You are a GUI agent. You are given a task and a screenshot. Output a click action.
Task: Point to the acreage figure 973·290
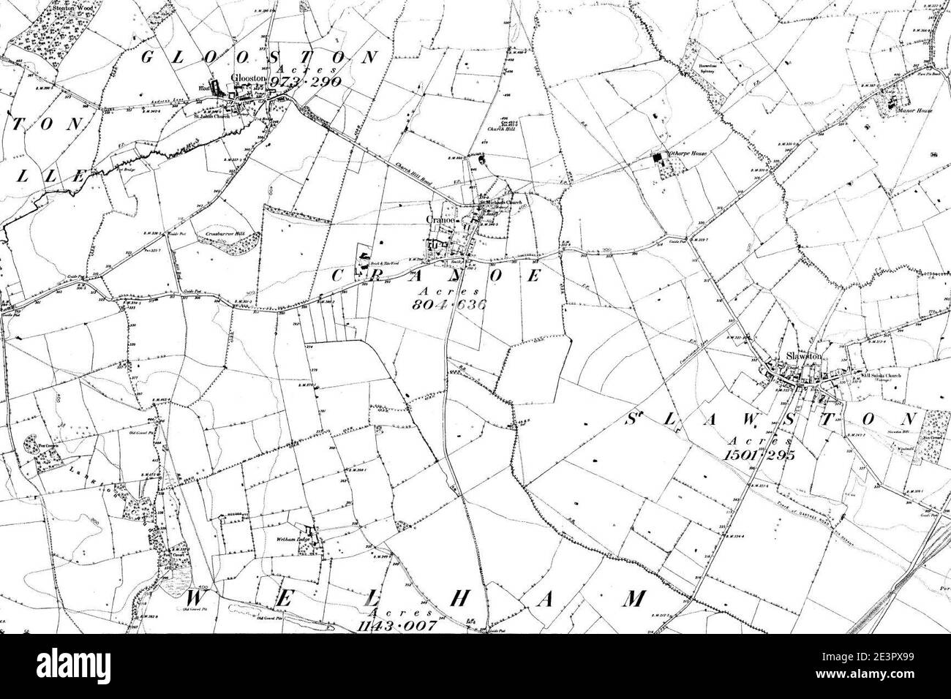point(305,81)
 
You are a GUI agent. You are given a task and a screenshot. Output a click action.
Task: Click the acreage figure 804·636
point(448,304)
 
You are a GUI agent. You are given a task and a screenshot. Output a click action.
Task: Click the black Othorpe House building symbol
point(657,156)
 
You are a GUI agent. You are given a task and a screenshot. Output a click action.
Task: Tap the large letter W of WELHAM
point(195,598)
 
